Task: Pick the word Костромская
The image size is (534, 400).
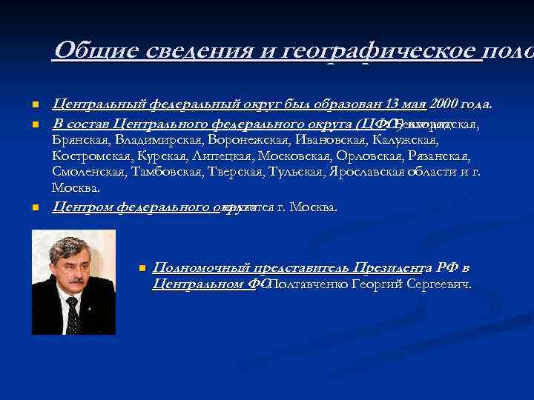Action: (90, 156)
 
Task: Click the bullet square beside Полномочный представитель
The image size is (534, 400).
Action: (141, 267)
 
